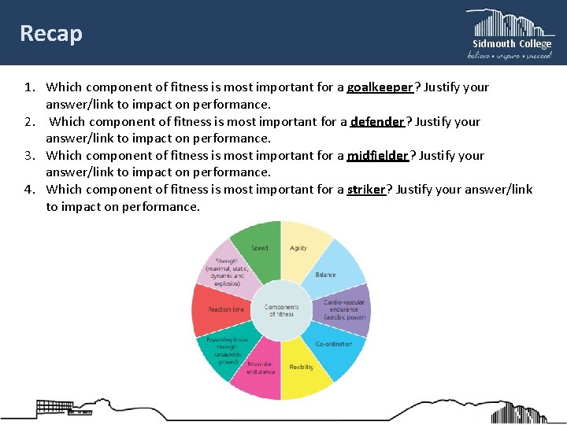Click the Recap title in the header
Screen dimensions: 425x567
51,34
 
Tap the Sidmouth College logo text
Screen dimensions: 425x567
511,44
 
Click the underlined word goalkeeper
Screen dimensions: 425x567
380,87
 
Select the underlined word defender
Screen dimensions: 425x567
377,121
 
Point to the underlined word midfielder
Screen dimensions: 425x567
377,155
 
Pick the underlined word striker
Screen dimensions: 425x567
366,189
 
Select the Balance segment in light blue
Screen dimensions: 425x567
330,271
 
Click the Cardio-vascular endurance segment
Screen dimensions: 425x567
341,309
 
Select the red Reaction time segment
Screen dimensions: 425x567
221,309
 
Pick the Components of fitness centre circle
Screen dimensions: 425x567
281,310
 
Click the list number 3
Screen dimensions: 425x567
28,155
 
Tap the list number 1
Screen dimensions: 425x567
28,87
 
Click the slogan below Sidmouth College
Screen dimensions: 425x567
510,56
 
